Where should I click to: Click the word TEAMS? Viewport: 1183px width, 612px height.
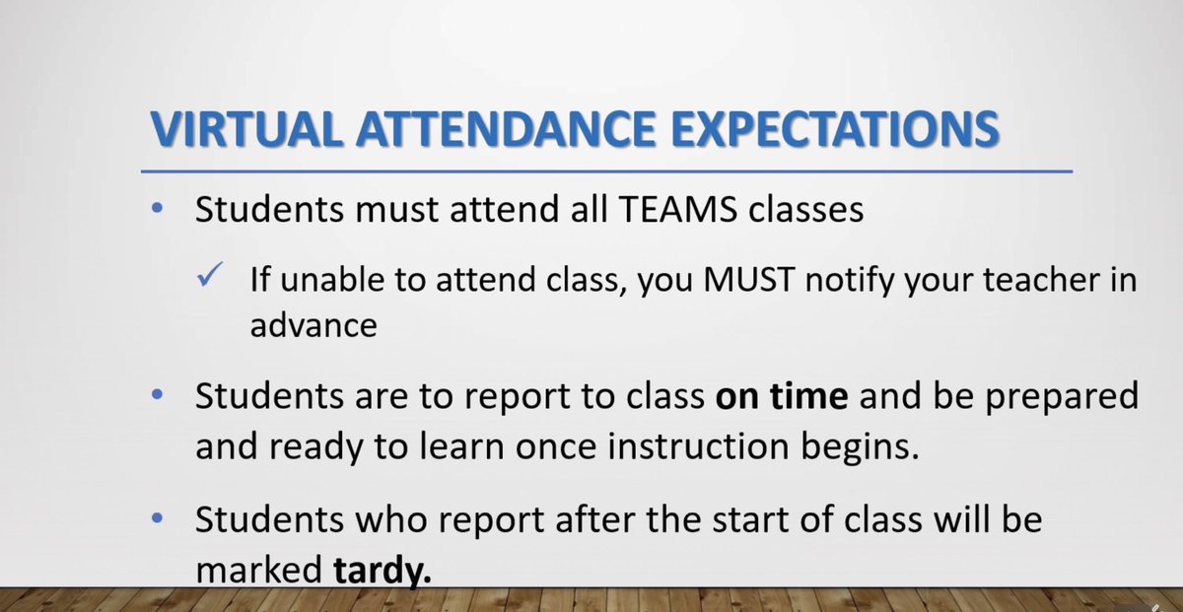(637, 211)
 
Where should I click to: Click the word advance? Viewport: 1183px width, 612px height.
(313, 325)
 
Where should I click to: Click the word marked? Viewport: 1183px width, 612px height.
(260, 571)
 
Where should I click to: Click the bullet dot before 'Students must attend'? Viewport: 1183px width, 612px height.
(159, 211)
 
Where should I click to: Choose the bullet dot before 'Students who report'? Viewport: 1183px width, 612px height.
(159, 519)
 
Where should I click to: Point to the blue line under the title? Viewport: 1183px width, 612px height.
(605, 170)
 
